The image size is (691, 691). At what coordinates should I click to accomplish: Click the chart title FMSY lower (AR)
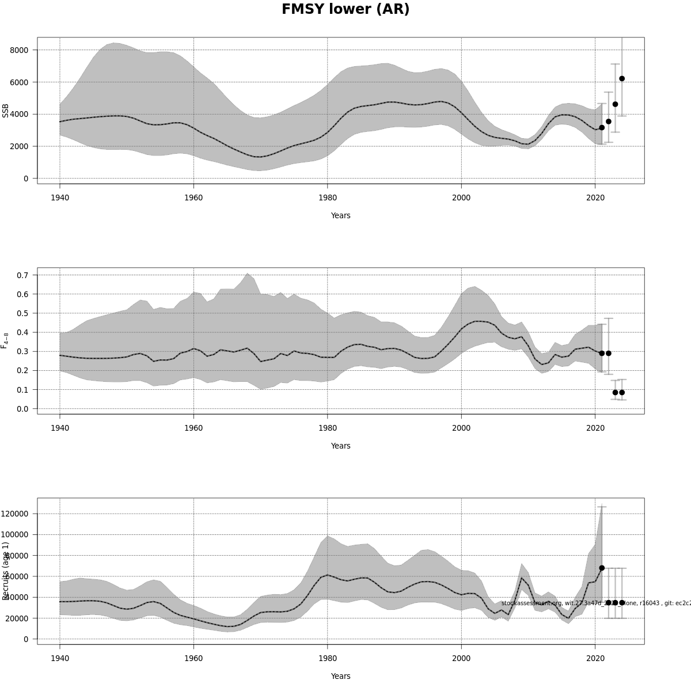tap(345, 10)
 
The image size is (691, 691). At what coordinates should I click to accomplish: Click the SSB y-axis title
tap(6, 111)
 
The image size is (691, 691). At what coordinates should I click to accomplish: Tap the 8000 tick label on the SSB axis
tap(19, 50)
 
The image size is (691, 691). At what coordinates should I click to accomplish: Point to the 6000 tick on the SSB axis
tap(19, 82)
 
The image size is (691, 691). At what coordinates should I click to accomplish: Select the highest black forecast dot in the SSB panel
tap(622, 78)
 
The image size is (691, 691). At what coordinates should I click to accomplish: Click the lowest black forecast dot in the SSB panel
tap(602, 128)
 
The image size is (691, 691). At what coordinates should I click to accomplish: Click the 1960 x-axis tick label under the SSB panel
tap(193, 198)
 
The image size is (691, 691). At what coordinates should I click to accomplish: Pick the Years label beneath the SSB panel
tap(340, 216)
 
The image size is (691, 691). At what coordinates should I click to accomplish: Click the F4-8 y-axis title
tap(6, 340)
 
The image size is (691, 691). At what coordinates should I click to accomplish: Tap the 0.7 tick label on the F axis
tap(22, 275)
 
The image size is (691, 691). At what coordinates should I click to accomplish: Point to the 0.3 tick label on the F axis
tap(22, 351)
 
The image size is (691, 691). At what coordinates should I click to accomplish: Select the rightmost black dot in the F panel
tap(622, 393)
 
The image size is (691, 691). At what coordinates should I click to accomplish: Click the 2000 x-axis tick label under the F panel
tap(461, 428)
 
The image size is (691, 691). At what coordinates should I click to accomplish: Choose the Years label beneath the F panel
tap(340, 446)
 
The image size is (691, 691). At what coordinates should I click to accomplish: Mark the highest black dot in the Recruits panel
tap(602, 568)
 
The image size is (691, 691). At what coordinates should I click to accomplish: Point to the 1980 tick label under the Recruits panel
tap(328, 658)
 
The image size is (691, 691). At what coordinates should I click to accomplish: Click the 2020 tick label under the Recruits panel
tap(595, 658)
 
